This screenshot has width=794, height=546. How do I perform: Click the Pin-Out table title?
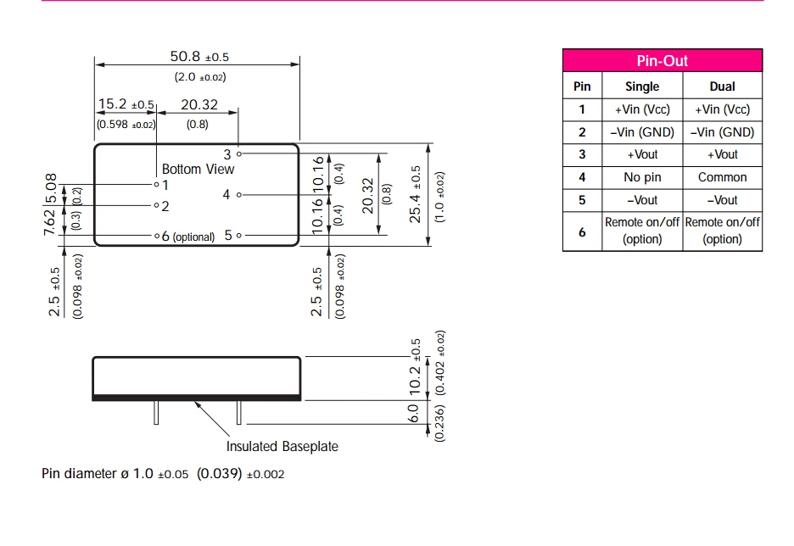point(662,61)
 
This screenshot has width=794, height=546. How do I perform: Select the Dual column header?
point(722,86)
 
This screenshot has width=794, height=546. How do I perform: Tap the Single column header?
point(642,86)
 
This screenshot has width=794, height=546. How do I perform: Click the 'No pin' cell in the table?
point(642,177)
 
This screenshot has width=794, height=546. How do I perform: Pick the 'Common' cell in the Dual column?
point(722,177)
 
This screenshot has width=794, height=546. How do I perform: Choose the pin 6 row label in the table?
point(582,231)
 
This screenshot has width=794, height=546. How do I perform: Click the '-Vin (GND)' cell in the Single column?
point(642,132)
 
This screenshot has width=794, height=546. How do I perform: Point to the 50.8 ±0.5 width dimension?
point(199,57)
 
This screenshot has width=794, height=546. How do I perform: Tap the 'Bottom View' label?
point(198,169)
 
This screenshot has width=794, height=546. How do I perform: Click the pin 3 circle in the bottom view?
point(240,154)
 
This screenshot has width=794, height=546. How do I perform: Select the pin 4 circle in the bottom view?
point(240,195)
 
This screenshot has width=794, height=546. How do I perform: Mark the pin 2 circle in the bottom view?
point(156,205)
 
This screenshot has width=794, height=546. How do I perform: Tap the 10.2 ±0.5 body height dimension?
point(415,368)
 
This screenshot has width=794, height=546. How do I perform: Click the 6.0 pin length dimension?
point(413,413)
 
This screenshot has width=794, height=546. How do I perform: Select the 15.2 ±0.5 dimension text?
point(126,104)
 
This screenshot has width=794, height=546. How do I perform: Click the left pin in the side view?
point(156,412)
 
